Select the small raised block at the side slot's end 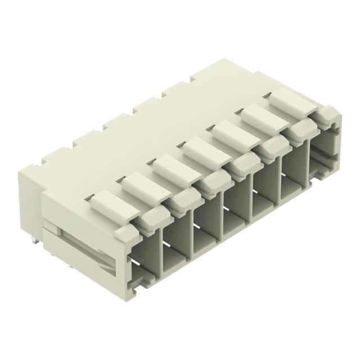coord(51,228)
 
